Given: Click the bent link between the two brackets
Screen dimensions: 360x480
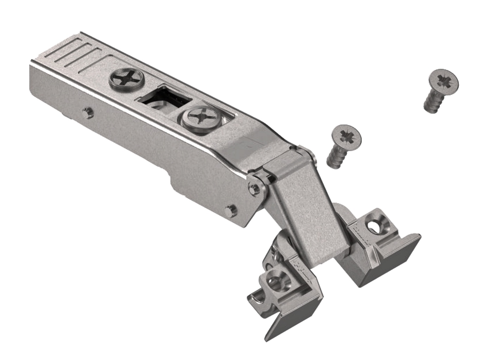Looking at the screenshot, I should [x=303, y=211].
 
